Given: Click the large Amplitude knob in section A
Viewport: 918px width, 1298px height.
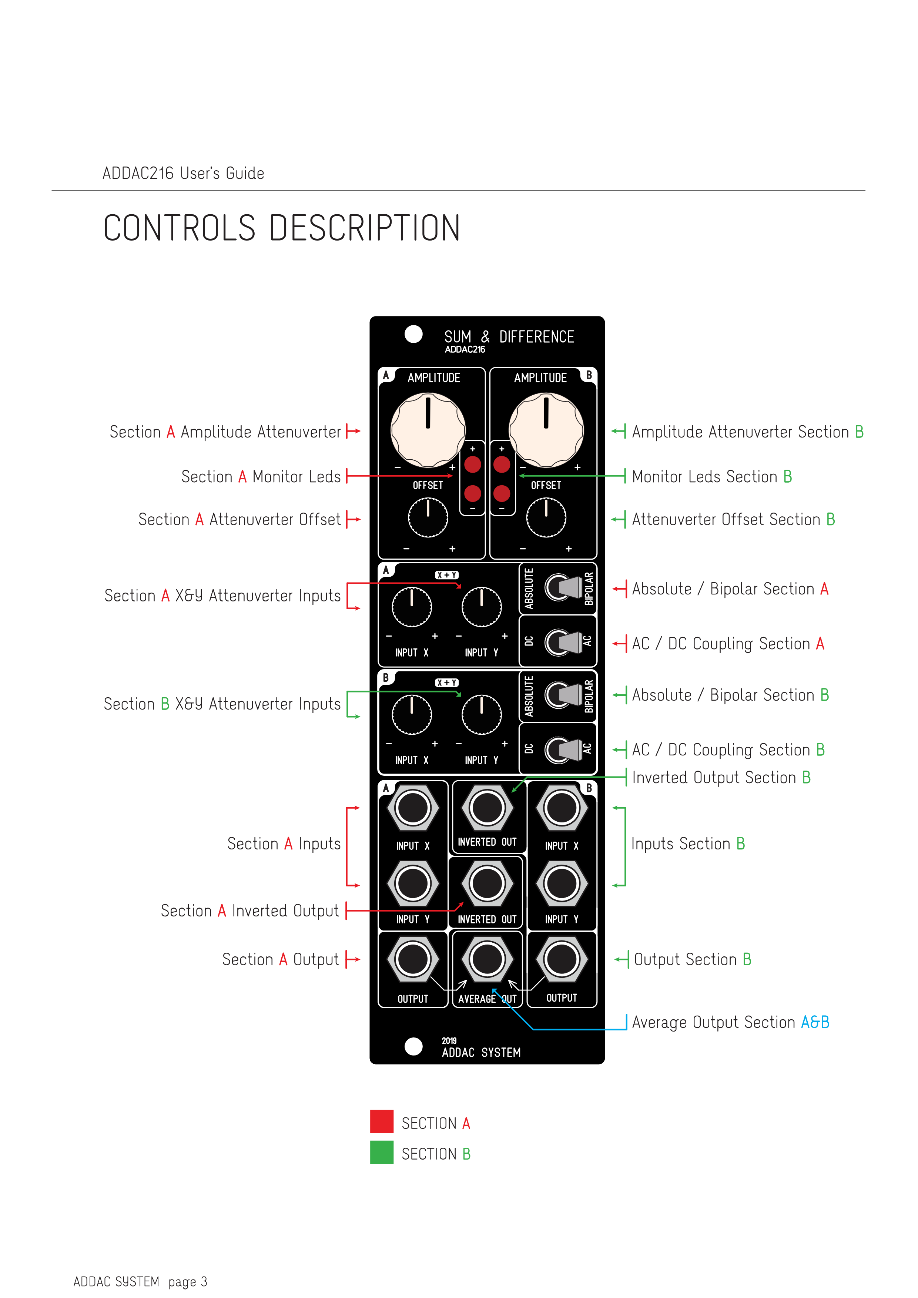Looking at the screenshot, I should pos(428,430).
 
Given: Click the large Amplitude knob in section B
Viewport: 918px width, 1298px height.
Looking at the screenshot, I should pos(546,430).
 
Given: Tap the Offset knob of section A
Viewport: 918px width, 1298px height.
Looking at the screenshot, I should pos(428,517).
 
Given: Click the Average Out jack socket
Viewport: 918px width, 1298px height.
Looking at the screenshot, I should pos(487,959).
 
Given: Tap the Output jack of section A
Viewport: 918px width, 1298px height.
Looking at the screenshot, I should pos(413,959).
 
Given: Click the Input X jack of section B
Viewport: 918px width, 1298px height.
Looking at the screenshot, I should pos(561,808).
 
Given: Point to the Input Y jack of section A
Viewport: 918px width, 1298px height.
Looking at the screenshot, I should pos(413,883).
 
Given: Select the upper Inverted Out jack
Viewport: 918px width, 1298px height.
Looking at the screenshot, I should pos(487,808).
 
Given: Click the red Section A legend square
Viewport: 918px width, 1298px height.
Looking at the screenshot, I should pos(382,1121).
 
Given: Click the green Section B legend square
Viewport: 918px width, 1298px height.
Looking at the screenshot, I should pos(382,1152).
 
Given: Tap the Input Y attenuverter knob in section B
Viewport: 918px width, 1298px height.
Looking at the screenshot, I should pos(482,714).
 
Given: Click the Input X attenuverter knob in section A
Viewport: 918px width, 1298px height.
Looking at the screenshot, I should pos(412,607).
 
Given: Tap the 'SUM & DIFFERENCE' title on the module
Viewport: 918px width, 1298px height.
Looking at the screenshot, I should pos(509,337).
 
